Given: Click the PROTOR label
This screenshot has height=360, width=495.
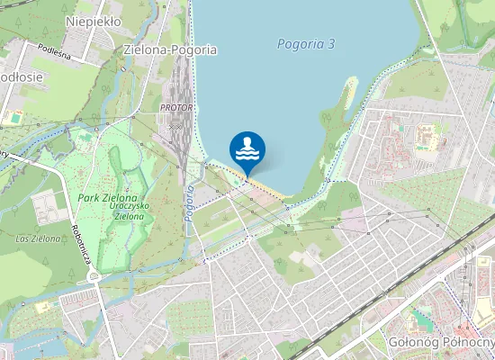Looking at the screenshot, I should [175, 107].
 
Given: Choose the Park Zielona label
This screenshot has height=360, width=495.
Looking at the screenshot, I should [107, 197].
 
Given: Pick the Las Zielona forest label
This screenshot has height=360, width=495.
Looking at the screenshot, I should [39, 238].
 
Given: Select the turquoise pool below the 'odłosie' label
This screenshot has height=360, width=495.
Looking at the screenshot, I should [16, 117].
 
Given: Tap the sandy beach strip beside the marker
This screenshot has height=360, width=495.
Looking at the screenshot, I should [266, 187].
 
